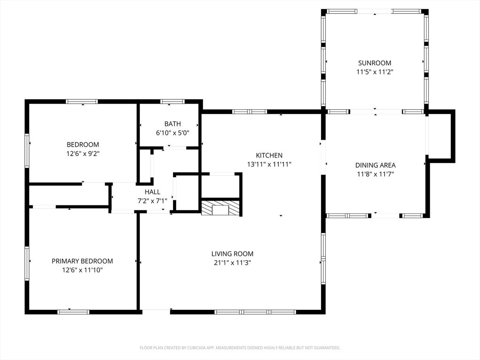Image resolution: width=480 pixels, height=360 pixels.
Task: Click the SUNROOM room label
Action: tap(375, 63)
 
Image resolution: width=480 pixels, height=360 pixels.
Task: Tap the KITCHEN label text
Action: tap(269, 156)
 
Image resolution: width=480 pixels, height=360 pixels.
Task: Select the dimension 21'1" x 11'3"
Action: tap(232, 262)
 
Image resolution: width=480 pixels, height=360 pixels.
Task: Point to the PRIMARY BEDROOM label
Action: tap(82, 261)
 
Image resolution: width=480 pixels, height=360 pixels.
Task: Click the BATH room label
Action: tap(172, 124)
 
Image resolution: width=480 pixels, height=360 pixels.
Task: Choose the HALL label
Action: tap(152, 192)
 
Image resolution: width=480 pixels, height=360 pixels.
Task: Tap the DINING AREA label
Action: tap(375, 165)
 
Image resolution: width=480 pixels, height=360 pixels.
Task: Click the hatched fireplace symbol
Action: tap(220, 208)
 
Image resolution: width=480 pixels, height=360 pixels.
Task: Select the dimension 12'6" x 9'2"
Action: tap(83, 154)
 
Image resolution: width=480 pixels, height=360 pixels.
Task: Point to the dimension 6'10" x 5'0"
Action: tap(172, 133)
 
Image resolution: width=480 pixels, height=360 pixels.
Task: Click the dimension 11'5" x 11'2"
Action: tap(375, 72)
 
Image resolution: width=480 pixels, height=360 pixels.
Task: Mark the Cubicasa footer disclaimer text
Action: tap(240, 348)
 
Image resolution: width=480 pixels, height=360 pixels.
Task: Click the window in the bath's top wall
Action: tap(172, 102)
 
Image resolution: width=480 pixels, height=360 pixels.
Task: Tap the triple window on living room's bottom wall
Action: tap(255, 312)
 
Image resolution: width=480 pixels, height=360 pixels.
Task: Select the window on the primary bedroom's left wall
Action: tap(27, 263)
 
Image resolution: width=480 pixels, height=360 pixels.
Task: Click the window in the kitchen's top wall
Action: tap(249, 112)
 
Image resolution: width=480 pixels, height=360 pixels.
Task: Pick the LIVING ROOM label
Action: tap(232, 254)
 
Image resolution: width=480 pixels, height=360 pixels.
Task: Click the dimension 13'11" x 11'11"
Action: tap(269, 165)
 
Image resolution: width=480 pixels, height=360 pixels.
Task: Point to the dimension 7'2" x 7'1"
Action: tap(152, 201)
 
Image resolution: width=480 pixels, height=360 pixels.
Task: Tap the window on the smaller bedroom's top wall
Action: tap(82, 102)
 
